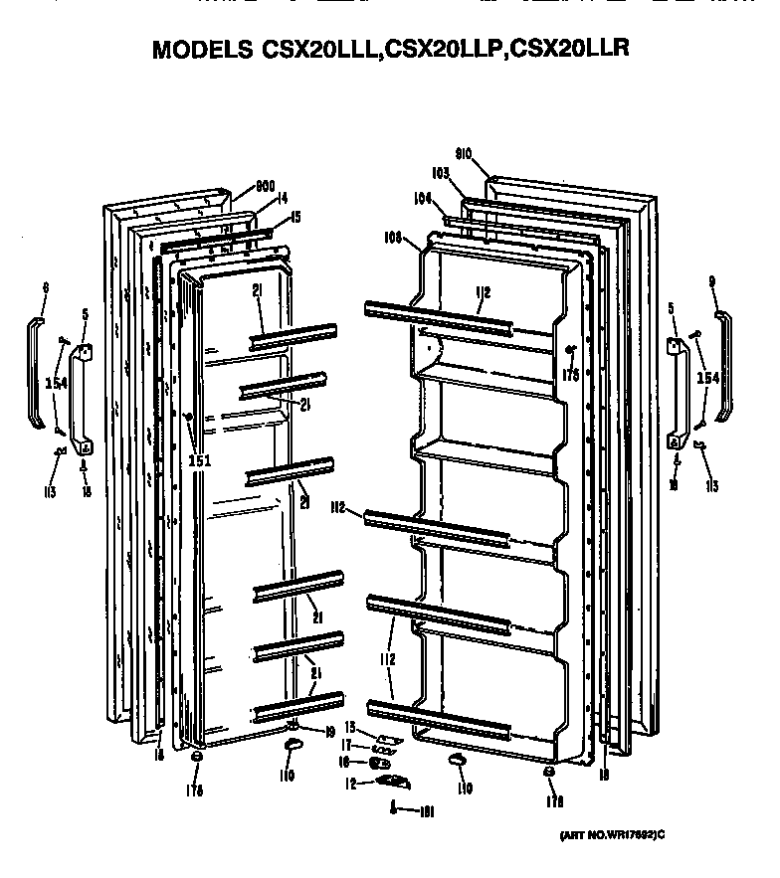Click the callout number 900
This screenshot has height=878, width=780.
point(265,185)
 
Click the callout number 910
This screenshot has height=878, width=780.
point(463,154)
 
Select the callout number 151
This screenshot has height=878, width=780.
point(200,460)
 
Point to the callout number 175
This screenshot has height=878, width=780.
point(571,375)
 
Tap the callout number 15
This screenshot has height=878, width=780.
point(295,218)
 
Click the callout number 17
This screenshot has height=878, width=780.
point(348,745)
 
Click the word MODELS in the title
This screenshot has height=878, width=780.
point(199,50)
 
